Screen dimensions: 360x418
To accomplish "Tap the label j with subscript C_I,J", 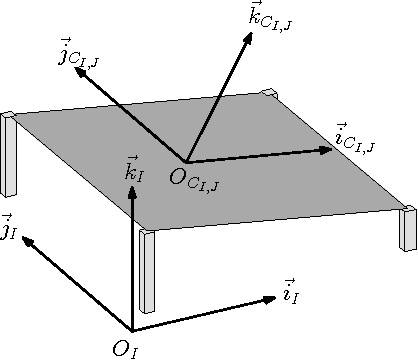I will (76, 53).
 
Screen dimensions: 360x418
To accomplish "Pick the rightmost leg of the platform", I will (408, 227).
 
